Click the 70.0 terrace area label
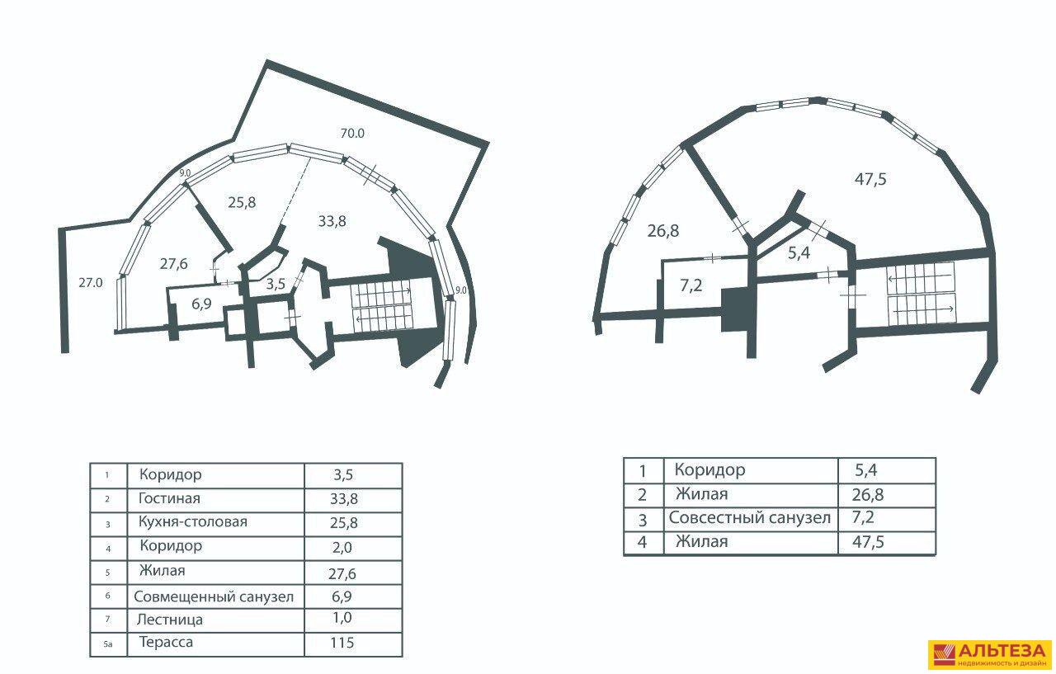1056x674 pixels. [x=352, y=134]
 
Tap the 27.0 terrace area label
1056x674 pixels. [x=91, y=283]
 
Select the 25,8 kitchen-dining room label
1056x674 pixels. [x=242, y=202]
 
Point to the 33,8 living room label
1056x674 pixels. [x=332, y=220]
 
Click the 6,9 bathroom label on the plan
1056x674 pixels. [x=201, y=304]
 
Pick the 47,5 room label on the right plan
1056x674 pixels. [x=870, y=179]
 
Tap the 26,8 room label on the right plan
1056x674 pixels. [x=662, y=231]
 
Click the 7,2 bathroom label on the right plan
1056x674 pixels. [x=691, y=285]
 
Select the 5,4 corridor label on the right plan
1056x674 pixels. [x=799, y=253]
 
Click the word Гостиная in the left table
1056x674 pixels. [x=169, y=498]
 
